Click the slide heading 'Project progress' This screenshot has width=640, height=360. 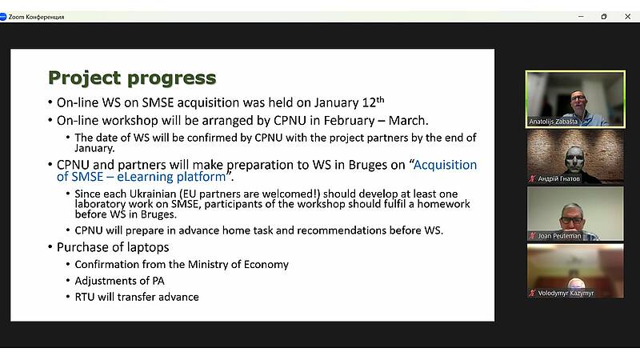tap(132, 78)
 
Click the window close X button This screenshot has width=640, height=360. tap(627, 16)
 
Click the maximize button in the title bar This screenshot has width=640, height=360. tap(604, 16)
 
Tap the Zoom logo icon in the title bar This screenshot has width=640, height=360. tap(3, 17)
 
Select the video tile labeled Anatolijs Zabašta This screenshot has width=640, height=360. tap(575, 99)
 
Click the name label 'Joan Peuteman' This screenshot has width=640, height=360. tap(559, 236)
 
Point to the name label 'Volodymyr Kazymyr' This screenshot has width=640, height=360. tap(566, 293)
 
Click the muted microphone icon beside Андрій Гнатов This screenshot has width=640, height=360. tap(532, 178)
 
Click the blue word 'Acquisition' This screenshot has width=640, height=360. tap(445, 165)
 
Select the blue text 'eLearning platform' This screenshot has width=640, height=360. tap(171, 177)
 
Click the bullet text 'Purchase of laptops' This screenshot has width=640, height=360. tap(113, 247)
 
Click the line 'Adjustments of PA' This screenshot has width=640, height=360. tap(119, 281)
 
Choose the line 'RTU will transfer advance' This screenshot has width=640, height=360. tap(137, 297)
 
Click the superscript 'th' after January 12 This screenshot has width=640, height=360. tap(380, 99)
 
